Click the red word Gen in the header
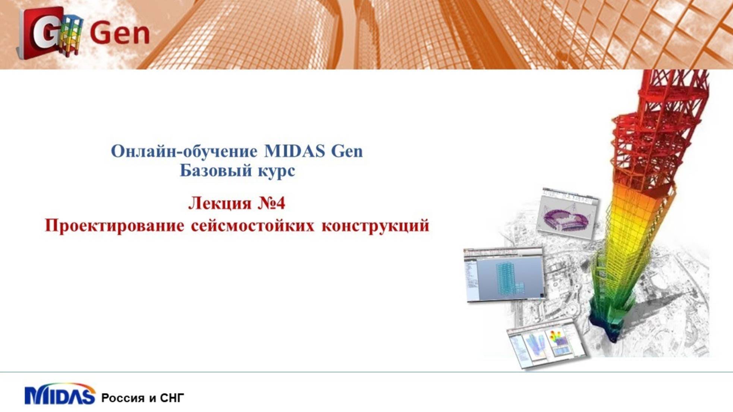click(x=119, y=34)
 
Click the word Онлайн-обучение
click(x=184, y=151)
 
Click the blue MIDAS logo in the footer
click(x=60, y=395)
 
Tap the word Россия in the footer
click(x=123, y=398)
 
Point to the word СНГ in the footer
click(x=172, y=398)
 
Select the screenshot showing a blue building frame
click(x=503, y=275)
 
